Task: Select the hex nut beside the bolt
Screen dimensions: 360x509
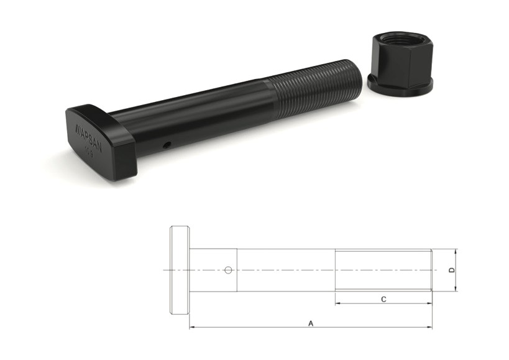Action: coord(400,65)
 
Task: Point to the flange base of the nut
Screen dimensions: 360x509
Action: coord(400,85)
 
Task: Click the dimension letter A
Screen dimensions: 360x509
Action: coord(310,323)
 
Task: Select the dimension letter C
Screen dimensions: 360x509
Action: coord(383,299)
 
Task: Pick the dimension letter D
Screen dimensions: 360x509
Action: coord(452,270)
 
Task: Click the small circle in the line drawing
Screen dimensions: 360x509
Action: coord(228,270)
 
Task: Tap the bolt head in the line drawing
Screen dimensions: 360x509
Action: coord(180,270)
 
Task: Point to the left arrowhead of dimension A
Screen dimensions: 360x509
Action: coord(192,327)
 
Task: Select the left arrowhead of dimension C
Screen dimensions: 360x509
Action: coord(338,303)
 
